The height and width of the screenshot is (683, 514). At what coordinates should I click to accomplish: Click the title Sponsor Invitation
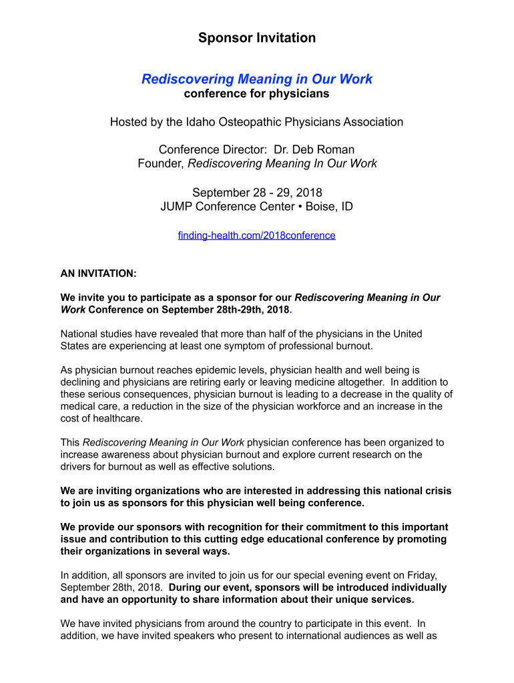[257, 38]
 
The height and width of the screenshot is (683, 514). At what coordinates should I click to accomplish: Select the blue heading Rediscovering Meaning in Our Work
[257, 79]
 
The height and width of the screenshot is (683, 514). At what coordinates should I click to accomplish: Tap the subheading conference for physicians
[257, 94]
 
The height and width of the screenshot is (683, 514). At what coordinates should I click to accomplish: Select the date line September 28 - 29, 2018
[257, 193]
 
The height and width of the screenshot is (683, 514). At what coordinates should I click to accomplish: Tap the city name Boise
[320, 207]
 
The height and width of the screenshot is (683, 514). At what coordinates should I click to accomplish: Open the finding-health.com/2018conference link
[257, 235]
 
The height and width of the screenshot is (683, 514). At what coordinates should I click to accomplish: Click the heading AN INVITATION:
[99, 273]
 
